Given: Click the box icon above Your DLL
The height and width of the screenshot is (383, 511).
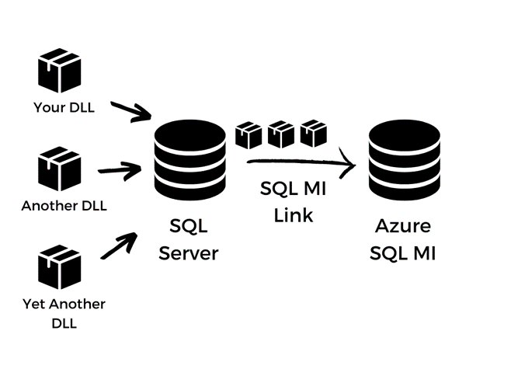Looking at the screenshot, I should point(60,71).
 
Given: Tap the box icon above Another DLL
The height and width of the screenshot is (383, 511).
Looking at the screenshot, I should point(60,170).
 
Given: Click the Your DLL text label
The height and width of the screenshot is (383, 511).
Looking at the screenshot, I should point(64,107).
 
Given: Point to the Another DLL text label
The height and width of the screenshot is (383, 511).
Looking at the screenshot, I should point(64,207).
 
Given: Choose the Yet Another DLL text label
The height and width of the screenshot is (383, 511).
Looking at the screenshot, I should point(64,313).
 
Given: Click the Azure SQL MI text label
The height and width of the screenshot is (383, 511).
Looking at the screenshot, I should point(402,240).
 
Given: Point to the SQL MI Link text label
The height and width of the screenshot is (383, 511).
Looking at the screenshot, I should point(293,201).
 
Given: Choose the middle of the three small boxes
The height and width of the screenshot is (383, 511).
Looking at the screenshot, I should point(281,134).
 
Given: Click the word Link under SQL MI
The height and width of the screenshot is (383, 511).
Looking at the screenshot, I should point(293,215).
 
